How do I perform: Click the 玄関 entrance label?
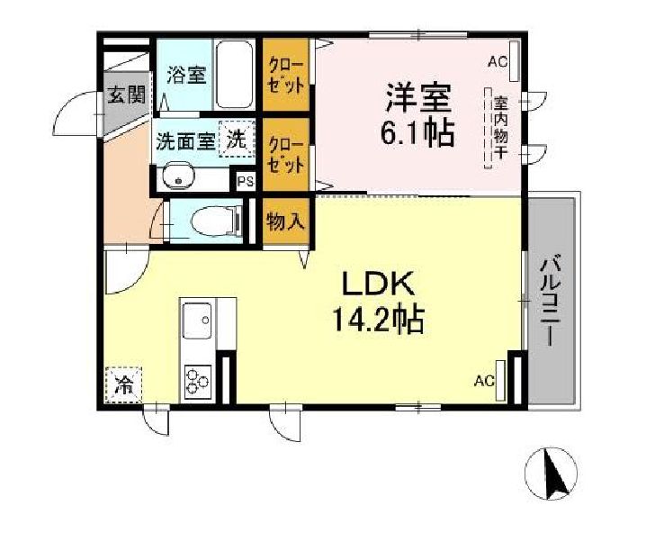(x=124, y=95)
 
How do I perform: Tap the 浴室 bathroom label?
(x=185, y=74)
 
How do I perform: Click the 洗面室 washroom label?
(x=185, y=141)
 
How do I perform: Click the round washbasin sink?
(x=180, y=176)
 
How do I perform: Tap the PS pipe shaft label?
(x=246, y=180)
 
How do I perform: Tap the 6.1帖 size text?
(x=416, y=134)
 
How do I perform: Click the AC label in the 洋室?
(x=497, y=61)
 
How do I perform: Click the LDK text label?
(x=376, y=285)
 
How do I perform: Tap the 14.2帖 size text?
(x=375, y=321)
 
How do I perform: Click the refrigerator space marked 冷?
(x=122, y=385)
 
